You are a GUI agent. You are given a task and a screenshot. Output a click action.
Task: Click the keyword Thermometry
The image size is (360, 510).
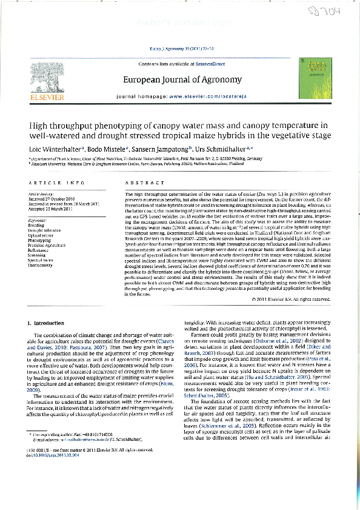pos(41,265)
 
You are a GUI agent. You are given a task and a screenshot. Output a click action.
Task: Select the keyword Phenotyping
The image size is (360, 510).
pos(40,240)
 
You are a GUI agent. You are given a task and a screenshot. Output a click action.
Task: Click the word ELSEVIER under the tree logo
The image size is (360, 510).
pos(45,96)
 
